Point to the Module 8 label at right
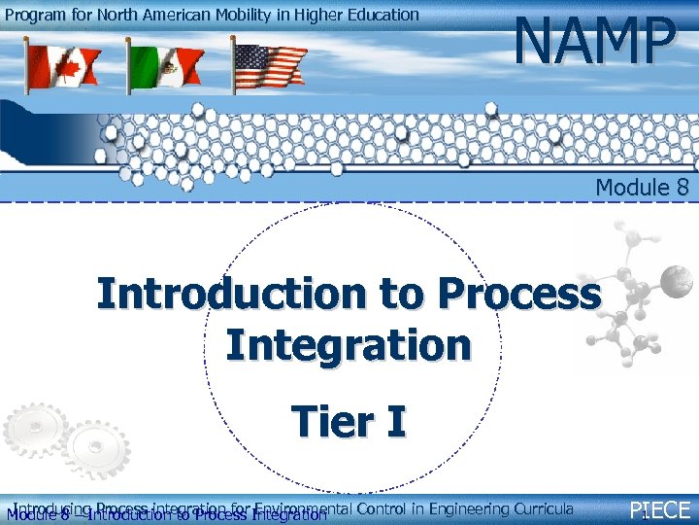pyautogui.click(x=642, y=187)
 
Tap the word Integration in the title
pyautogui.click(x=349, y=344)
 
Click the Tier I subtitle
pyautogui.click(x=349, y=422)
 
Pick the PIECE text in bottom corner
pyautogui.click(x=660, y=510)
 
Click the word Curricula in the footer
pyautogui.click(x=541, y=507)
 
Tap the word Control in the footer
pyautogui.click(x=379, y=507)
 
